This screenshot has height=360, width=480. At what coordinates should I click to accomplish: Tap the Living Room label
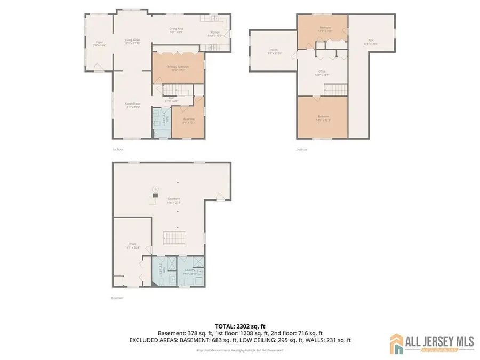tap(132, 41)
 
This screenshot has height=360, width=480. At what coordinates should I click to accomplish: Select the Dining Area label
tap(177, 31)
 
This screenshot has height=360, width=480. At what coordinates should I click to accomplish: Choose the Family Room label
tap(132, 105)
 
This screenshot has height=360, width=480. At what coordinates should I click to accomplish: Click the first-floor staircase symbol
tap(177, 91)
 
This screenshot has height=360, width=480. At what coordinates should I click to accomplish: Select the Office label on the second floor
tap(321, 74)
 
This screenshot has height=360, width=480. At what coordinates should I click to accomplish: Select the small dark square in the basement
tap(154, 196)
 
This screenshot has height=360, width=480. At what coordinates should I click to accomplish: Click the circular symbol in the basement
tap(155, 188)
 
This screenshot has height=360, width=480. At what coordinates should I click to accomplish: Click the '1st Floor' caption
tap(118, 150)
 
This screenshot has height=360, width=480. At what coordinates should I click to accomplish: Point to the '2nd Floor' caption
tap(302, 150)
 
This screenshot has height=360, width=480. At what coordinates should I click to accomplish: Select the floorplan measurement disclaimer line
tap(239, 350)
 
